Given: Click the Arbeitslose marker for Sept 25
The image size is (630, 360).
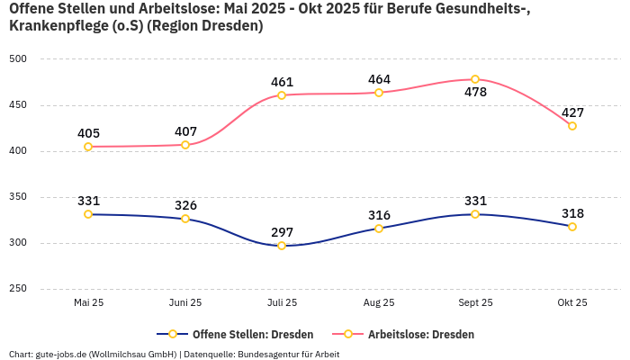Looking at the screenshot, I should [x=475, y=79].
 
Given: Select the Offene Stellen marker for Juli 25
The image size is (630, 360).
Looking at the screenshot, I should [x=282, y=246].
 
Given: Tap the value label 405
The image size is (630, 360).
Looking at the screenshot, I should [x=88, y=133].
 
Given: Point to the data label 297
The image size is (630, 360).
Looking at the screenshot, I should [x=282, y=232].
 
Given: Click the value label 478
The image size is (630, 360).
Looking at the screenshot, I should [x=475, y=93].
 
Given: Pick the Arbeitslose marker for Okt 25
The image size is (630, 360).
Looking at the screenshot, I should [x=572, y=126].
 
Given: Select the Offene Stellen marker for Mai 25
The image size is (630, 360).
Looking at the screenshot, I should [x=88, y=214].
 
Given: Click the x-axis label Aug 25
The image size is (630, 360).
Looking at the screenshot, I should [x=379, y=302].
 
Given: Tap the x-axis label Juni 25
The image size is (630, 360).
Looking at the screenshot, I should [x=185, y=302].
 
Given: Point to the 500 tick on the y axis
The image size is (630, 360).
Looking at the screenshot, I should [x=18, y=58].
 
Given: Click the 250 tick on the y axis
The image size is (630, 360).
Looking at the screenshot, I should [x=18, y=289].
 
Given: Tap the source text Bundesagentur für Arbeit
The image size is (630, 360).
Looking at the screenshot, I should [x=289, y=355].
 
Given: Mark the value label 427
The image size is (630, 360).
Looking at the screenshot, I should [x=572, y=112].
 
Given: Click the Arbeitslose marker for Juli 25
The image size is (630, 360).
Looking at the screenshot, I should [x=282, y=95].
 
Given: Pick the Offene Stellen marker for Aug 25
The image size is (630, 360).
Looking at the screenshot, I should [x=379, y=229].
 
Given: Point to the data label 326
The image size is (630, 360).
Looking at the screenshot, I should [x=185, y=205].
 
